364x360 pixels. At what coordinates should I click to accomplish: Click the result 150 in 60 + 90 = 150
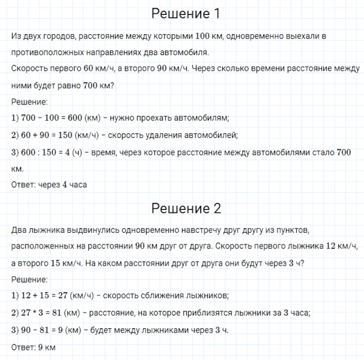67,134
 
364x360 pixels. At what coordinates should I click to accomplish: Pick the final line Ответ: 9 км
34,347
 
